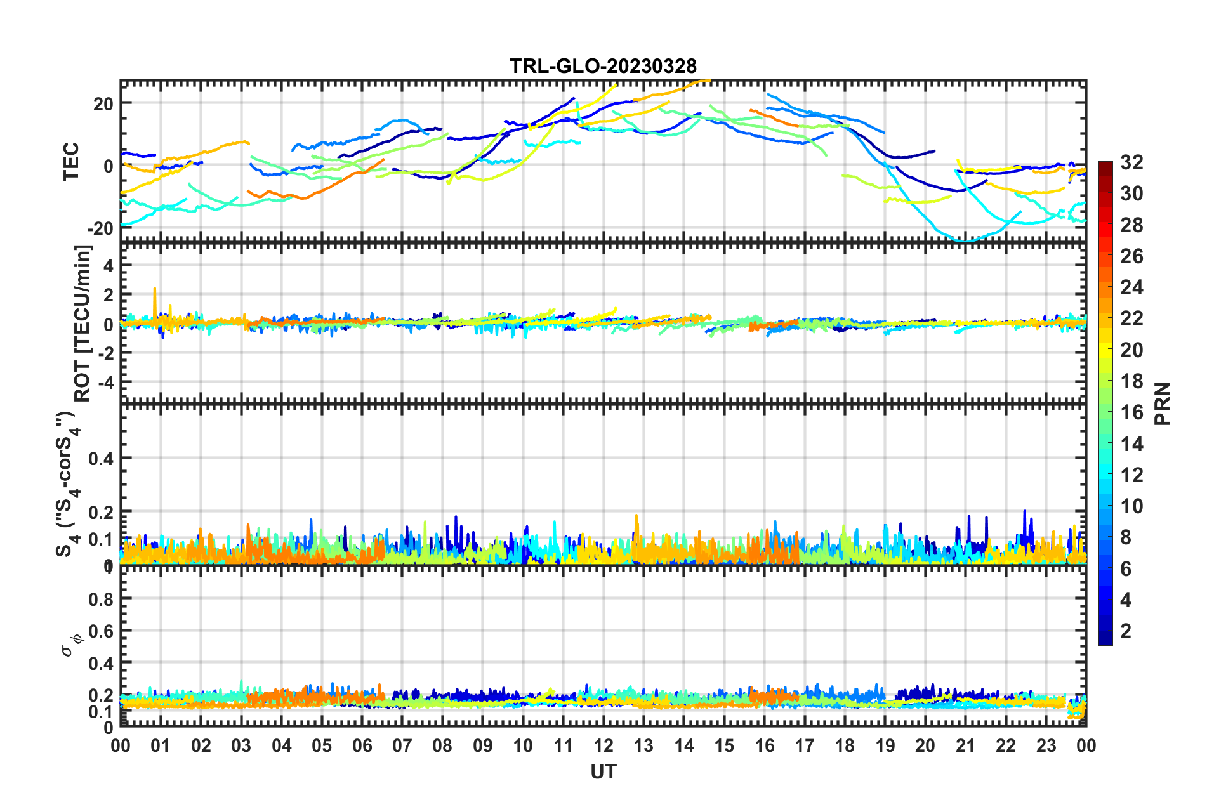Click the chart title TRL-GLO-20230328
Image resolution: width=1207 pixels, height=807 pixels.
coord(603,66)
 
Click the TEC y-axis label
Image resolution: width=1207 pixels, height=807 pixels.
coord(71,161)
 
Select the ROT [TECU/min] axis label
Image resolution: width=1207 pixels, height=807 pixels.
coord(82,324)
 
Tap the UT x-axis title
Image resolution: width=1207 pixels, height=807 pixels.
coord(603,771)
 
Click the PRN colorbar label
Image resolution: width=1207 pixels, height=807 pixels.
coord(1162,403)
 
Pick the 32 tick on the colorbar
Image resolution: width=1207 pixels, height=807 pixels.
coord(1131,162)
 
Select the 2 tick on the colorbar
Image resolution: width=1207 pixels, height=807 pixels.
coord(1126,631)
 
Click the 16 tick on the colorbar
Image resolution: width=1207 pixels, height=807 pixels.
coord(1131,412)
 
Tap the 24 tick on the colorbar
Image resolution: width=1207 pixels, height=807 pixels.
coord(1131,287)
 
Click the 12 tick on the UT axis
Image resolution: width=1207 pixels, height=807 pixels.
coord(603,745)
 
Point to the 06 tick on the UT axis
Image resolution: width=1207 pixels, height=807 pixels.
coord(362,745)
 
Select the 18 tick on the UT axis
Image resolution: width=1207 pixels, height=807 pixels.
coord(845,745)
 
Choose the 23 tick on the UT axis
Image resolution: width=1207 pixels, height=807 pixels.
coord(1046,745)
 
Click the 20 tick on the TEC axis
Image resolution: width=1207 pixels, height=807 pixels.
coord(103,104)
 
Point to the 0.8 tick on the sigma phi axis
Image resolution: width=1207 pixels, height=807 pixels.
coord(102,599)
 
